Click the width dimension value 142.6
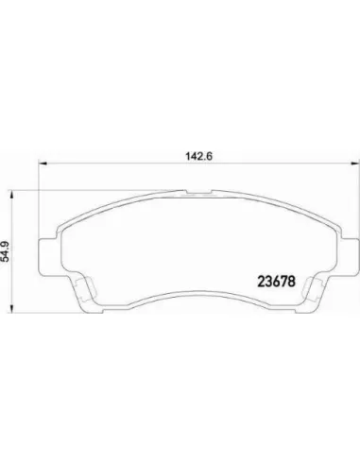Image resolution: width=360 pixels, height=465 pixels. [199, 156]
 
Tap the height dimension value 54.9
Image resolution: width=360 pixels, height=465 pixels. [6, 251]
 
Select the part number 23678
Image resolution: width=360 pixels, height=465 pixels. [277, 282]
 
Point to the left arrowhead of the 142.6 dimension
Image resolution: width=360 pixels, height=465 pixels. [43, 164]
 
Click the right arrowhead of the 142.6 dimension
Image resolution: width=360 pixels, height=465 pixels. [355, 164]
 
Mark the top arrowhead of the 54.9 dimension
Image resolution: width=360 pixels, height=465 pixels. [11, 194]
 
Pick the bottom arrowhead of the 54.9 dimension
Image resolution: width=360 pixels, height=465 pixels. [11, 309]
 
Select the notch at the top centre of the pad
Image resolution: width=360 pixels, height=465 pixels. [199, 192]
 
